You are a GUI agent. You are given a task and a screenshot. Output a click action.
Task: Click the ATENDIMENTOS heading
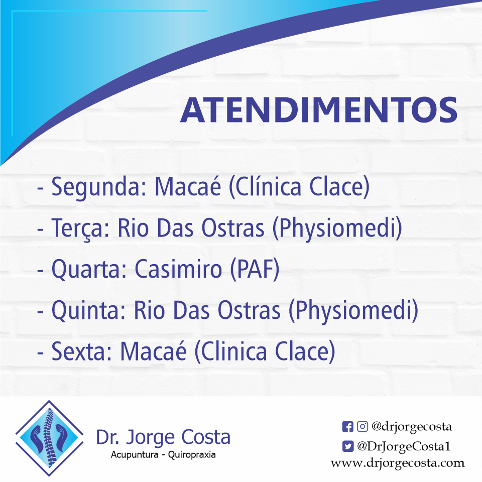tap(318, 110)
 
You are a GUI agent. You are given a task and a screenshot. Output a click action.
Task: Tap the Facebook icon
tap(347, 427)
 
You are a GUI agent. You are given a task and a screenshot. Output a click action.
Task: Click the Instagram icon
tap(362, 427)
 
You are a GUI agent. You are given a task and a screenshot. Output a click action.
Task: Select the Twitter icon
tap(347, 445)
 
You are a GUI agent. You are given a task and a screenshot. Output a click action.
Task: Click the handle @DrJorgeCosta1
tap(404, 445)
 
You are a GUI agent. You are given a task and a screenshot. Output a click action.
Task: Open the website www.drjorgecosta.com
tap(398, 463)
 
